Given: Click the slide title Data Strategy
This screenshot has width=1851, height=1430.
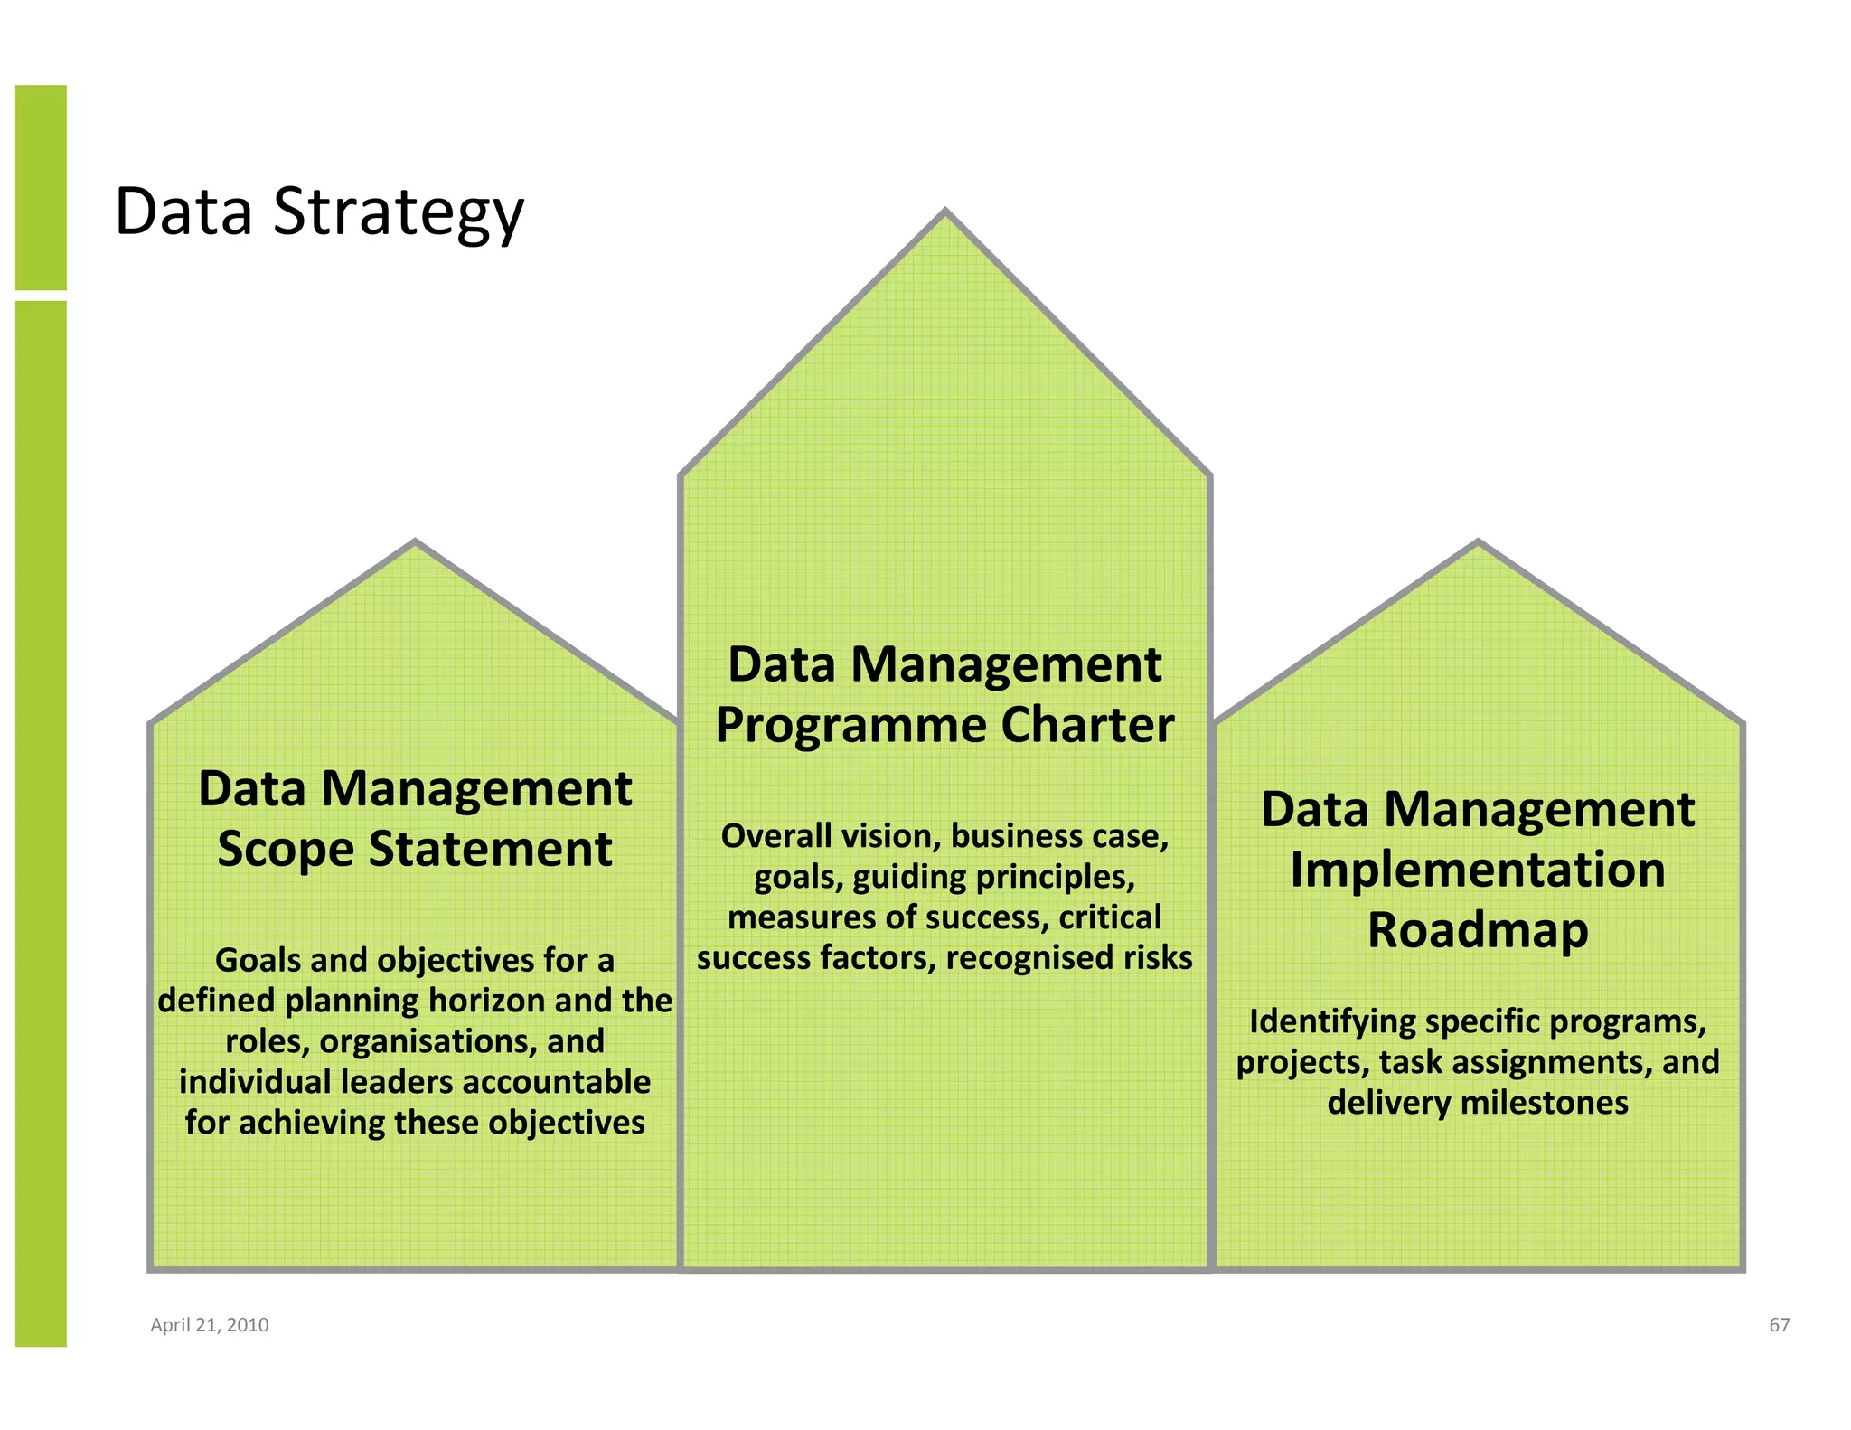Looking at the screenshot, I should click(x=319, y=212).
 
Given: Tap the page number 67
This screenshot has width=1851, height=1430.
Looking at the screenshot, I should click(x=1779, y=1325).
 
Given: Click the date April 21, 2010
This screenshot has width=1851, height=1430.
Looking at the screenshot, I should click(x=209, y=1325).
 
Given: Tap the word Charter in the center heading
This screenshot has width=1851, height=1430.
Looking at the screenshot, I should click(x=1087, y=726).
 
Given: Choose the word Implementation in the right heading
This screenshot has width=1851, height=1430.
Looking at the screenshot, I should click(x=1478, y=870).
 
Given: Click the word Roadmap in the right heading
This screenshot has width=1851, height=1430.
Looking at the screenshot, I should click(x=1478, y=931).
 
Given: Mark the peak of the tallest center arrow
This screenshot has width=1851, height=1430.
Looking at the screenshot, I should click(x=945, y=213).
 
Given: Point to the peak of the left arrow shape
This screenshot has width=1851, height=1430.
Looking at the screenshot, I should click(x=415, y=544).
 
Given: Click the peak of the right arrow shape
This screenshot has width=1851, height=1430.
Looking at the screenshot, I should click(x=1479, y=544).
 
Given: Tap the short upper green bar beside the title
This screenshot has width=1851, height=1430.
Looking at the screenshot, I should click(x=41, y=187).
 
